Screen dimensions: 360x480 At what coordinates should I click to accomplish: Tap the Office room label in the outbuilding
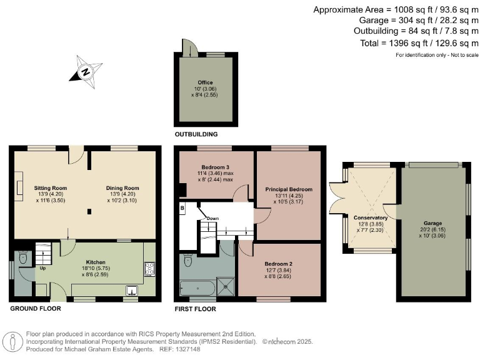(205, 82)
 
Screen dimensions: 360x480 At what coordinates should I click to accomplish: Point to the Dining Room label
(122, 187)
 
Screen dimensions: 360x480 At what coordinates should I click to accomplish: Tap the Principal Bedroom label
(288, 189)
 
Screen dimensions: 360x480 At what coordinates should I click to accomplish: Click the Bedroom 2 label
(279, 264)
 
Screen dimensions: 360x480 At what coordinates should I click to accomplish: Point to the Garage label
(432, 223)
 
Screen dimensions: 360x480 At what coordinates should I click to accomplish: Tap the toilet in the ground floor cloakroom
(22, 257)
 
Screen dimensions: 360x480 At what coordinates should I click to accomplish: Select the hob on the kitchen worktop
(149, 269)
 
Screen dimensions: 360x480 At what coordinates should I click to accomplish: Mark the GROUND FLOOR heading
(35, 309)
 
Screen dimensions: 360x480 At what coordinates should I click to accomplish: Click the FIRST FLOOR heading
(196, 309)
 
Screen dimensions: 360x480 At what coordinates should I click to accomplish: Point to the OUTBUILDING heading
(196, 134)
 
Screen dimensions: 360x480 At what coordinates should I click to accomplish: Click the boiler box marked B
(182, 207)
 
